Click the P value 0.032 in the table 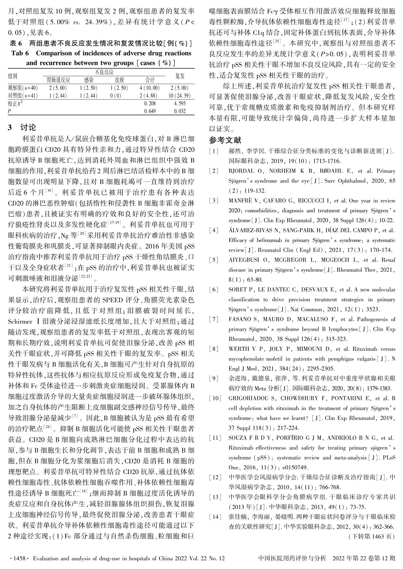tap(180, 111)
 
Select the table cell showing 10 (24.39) tap(180, 96)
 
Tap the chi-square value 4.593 tap(180, 104)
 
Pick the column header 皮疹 tap(119, 80)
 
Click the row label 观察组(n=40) tap(23, 88)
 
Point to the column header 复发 tap(180, 76)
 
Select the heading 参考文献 tap(225, 140)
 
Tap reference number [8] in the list tap(214, 349)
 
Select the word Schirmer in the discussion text tap(20, 321)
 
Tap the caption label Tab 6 tap(20, 53)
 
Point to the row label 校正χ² tap(16, 104)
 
